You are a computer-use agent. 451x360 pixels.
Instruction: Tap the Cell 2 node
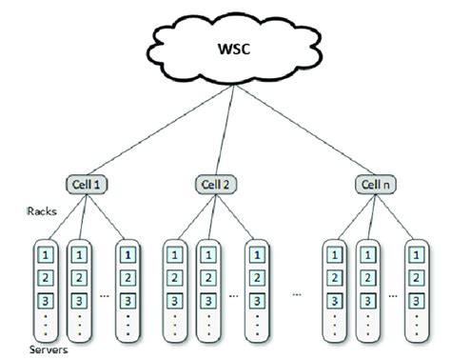point(216,183)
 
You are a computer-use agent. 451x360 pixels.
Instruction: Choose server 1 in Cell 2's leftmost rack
point(174,254)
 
